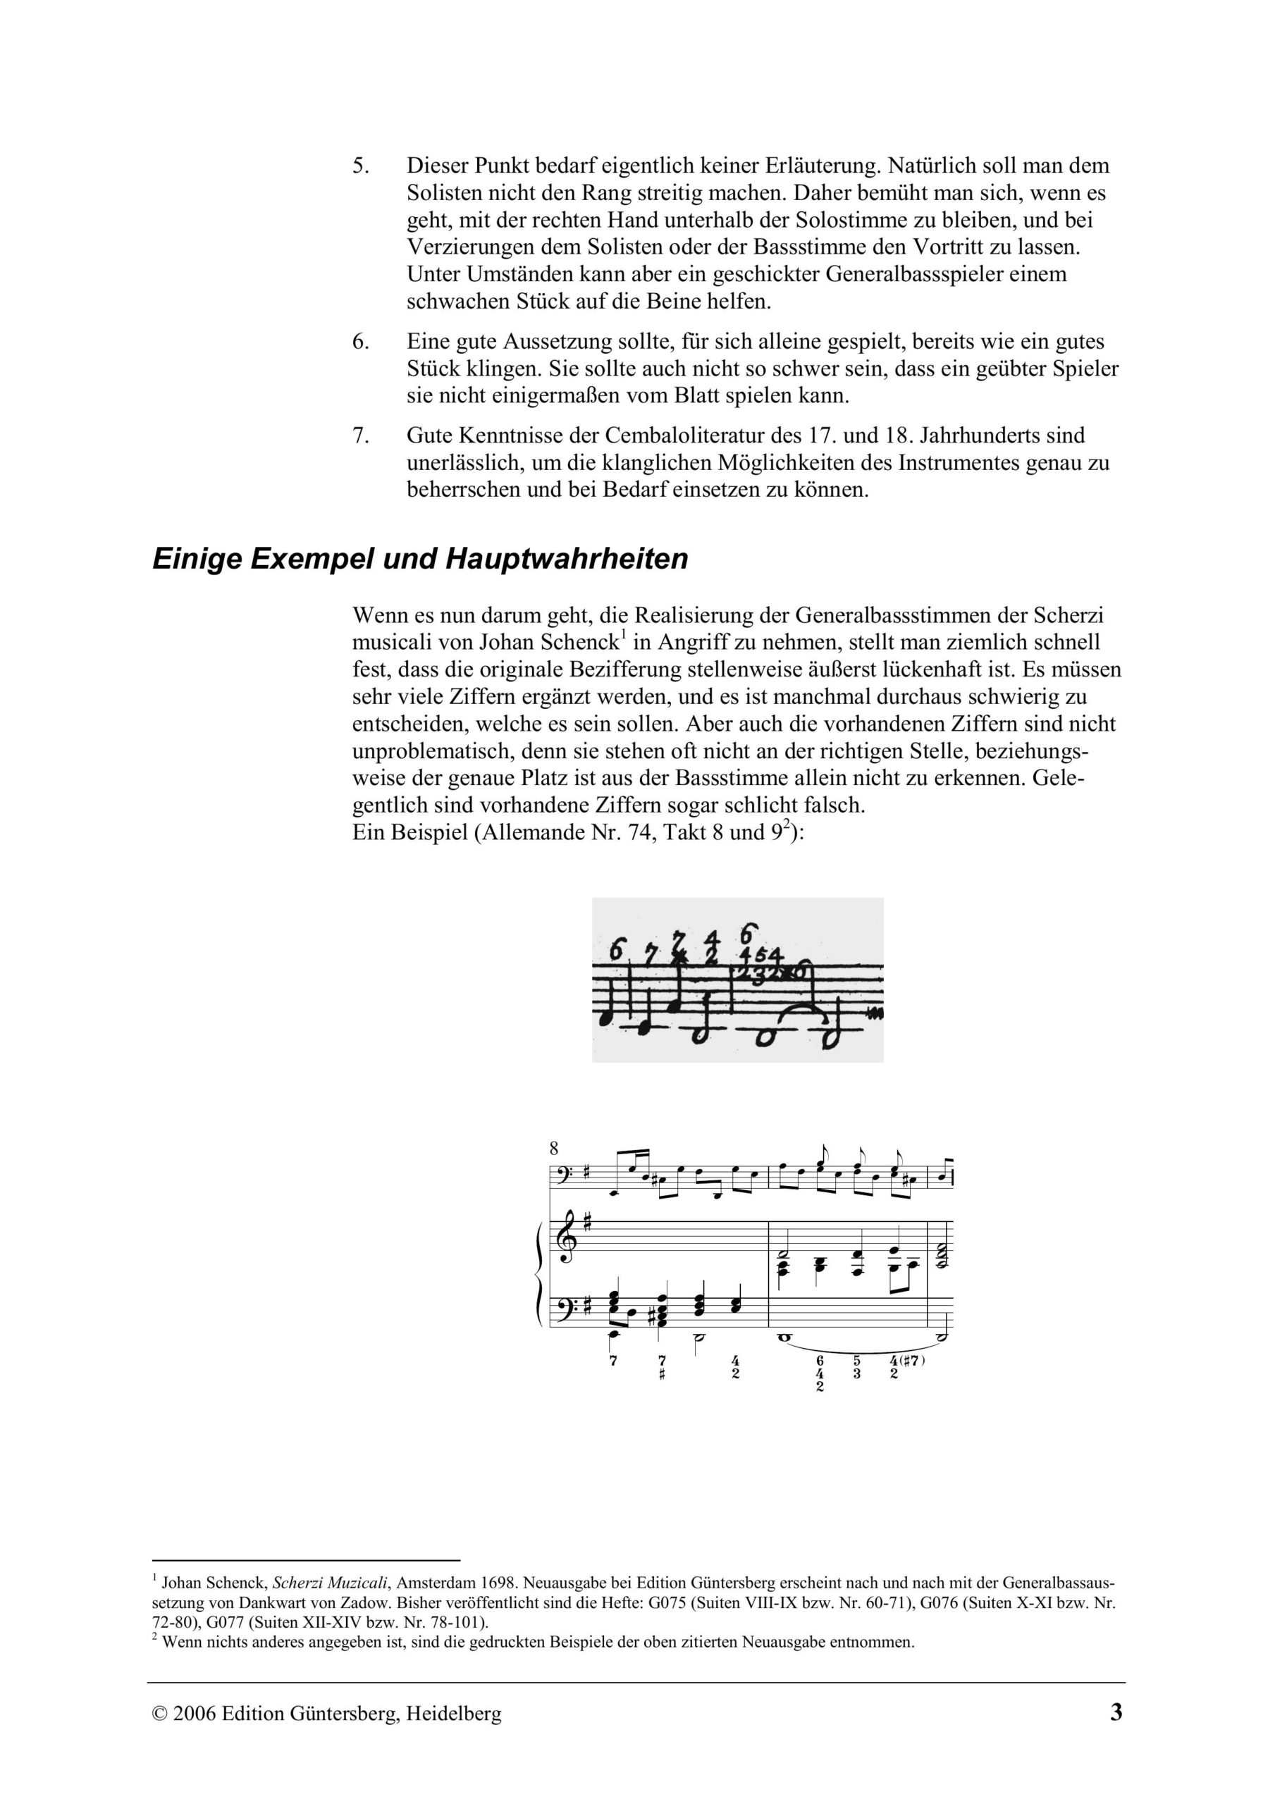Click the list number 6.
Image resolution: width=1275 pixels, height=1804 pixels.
click(360, 342)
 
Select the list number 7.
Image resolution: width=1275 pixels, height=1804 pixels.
click(360, 435)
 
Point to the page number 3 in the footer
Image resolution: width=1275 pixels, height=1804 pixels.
click(1116, 1712)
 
